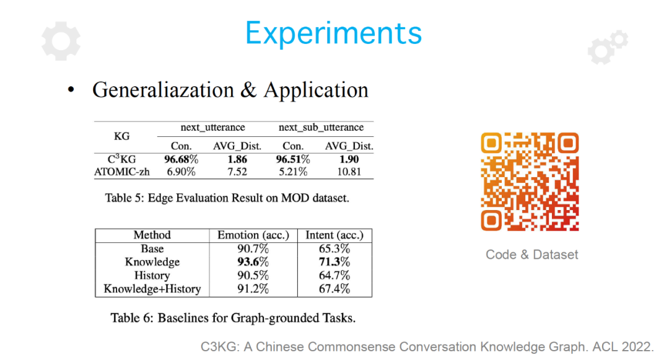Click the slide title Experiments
click(x=334, y=33)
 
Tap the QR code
click(x=530, y=182)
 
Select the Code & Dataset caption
click(x=531, y=255)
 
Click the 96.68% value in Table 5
click(x=181, y=159)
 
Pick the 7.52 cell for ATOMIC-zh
click(x=237, y=172)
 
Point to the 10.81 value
click(x=349, y=172)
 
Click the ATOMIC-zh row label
click(x=122, y=172)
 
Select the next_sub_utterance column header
click(x=321, y=127)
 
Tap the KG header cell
click(x=121, y=136)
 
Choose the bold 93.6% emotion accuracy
click(x=253, y=262)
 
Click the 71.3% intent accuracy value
click(x=334, y=262)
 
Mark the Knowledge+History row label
click(x=152, y=289)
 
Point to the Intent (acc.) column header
click(x=334, y=235)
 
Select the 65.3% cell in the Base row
click(x=334, y=248)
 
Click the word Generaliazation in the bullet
click(x=163, y=90)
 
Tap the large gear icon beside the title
click(x=61, y=41)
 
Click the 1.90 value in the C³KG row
click(x=349, y=159)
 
